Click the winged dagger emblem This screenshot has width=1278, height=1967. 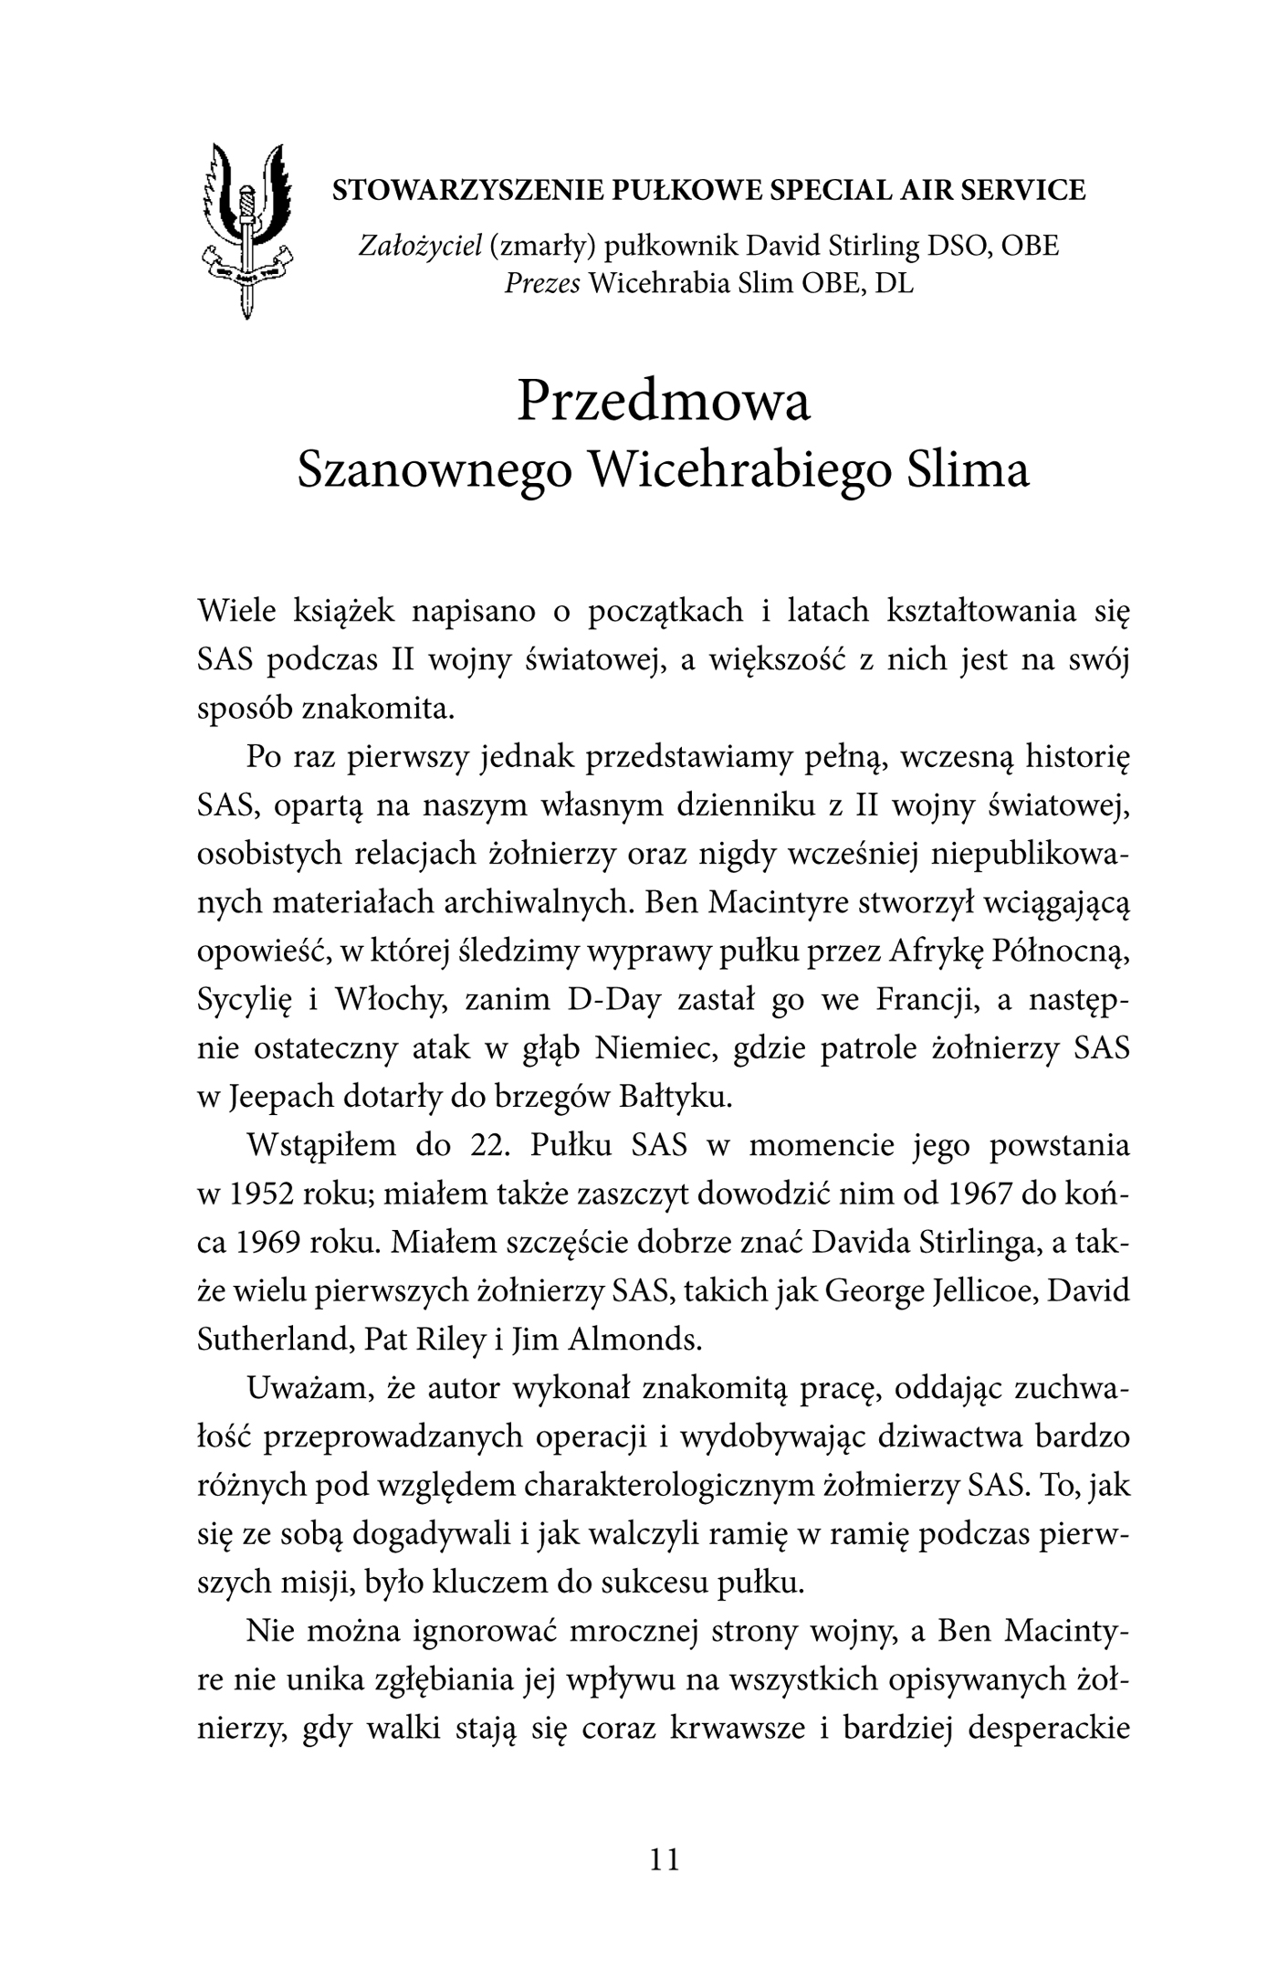(245, 229)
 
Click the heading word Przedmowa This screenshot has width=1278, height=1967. (663, 402)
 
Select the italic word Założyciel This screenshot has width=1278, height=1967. (419, 246)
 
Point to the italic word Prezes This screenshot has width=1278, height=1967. (543, 284)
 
